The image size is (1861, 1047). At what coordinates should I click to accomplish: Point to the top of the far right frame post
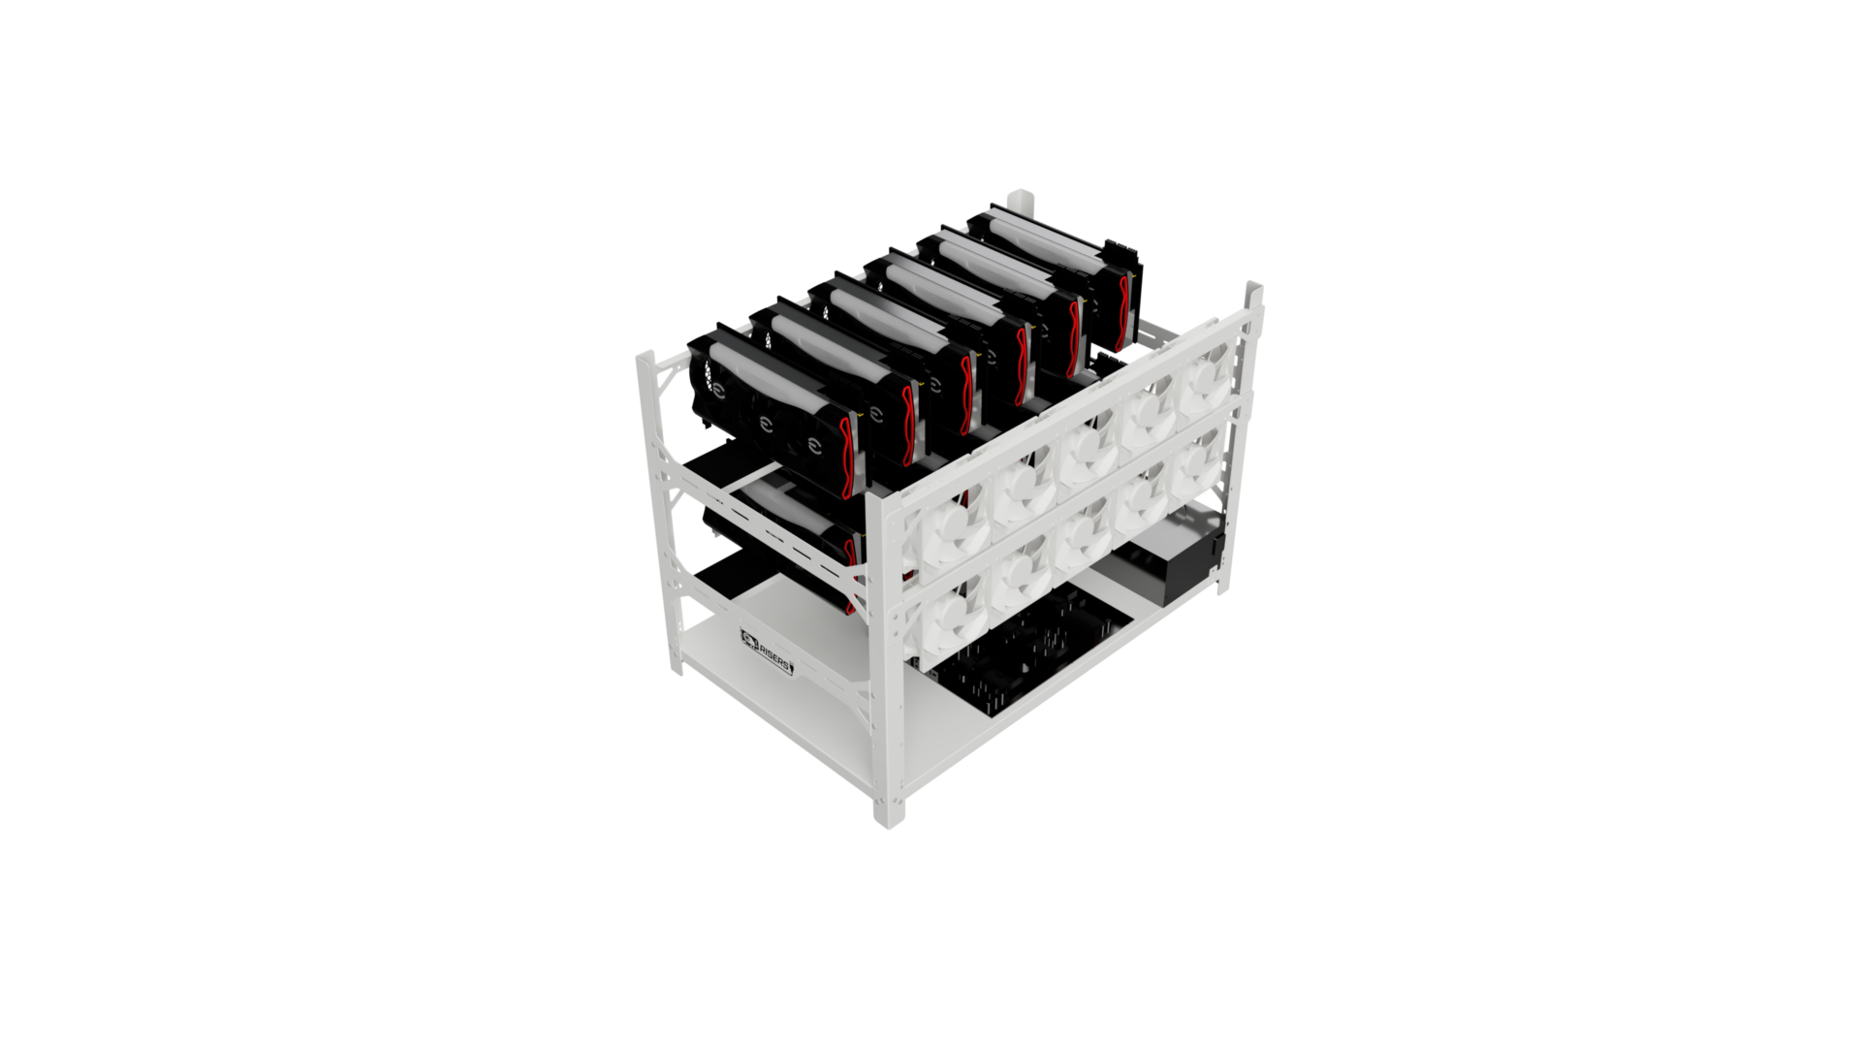[1253, 288]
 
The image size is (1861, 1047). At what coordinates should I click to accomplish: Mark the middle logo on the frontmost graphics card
[766, 423]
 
